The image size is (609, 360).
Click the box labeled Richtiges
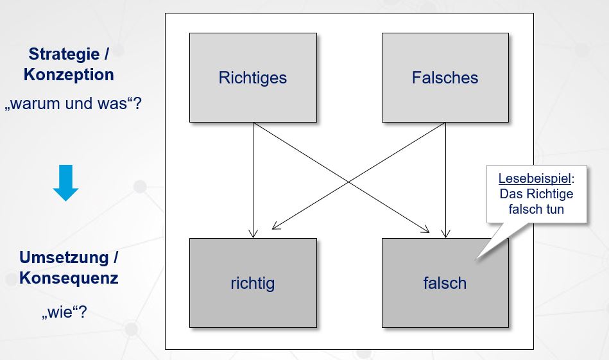tap(253, 78)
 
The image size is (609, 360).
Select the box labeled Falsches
tap(445, 78)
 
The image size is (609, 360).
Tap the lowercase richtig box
tap(253, 283)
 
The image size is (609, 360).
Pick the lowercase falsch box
tap(445, 283)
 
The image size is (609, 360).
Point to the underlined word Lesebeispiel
tap(534, 178)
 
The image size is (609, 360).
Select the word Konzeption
tap(69, 74)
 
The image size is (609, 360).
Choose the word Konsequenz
tap(69, 278)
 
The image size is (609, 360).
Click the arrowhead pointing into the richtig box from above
tap(253, 233)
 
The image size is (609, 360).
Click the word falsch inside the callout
tap(526, 209)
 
